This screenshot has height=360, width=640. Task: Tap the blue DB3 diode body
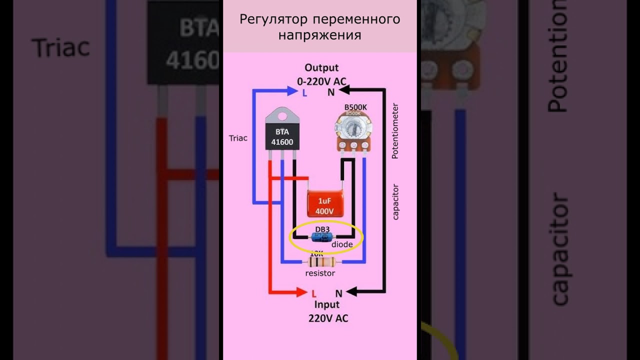pyautogui.click(x=321, y=237)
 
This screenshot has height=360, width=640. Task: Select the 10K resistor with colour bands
pyautogui.click(x=322, y=261)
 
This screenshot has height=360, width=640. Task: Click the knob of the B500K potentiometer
pyautogui.click(x=353, y=128)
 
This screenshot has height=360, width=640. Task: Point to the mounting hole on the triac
pyautogui.click(x=282, y=116)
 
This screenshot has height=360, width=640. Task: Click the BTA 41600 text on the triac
pyautogui.click(x=282, y=137)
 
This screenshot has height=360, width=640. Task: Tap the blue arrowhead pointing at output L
pyautogui.click(x=293, y=91)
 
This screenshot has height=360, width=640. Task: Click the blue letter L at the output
pyautogui.click(x=304, y=92)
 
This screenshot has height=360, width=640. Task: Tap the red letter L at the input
pyautogui.click(x=314, y=293)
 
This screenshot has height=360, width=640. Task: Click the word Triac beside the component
pyautogui.click(x=238, y=138)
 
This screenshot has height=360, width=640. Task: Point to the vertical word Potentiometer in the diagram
pyautogui.click(x=395, y=131)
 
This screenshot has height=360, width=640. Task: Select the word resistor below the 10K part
pyautogui.click(x=320, y=273)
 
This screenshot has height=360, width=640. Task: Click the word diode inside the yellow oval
pyautogui.click(x=342, y=244)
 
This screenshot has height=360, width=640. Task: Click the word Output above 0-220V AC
pyautogui.click(x=321, y=67)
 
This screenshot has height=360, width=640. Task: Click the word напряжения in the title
pyautogui.click(x=319, y=35)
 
